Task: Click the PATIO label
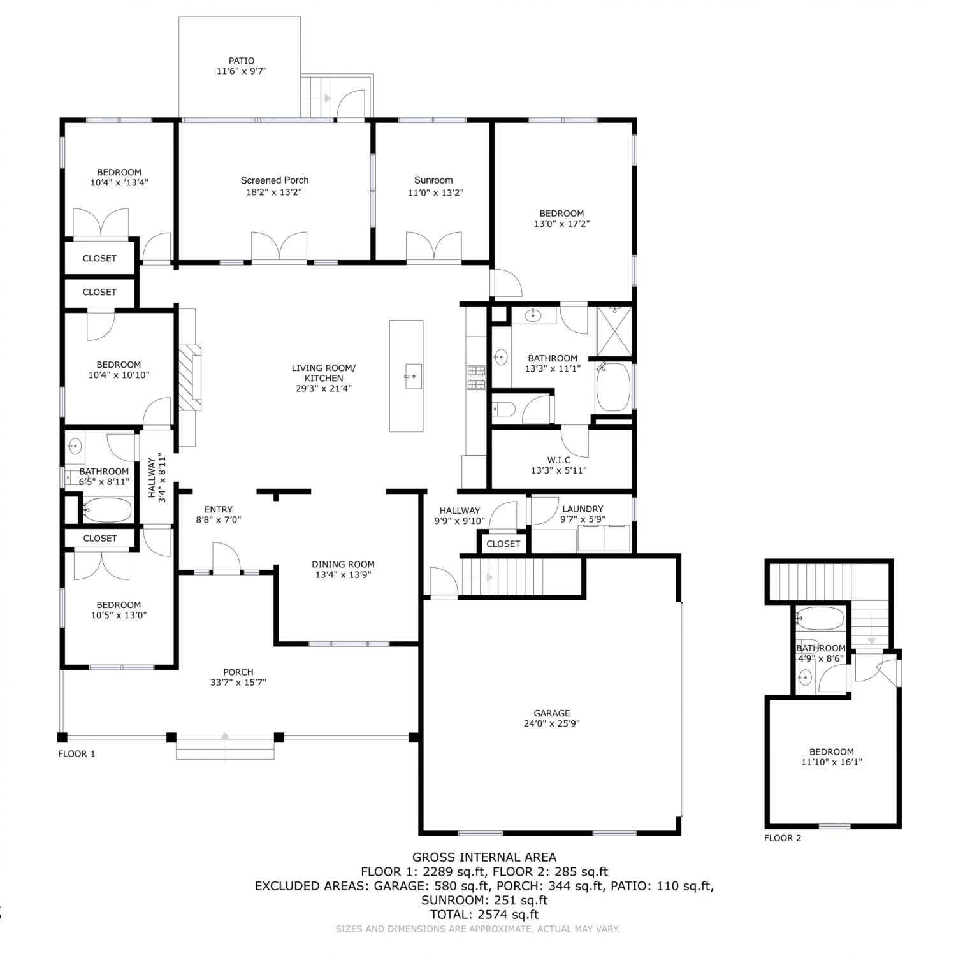click(242, 61)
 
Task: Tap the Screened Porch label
click(275, 180)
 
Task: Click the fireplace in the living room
click(189, 377)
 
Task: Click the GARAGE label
click(552, 713)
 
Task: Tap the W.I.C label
click(559, 460)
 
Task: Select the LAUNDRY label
click(583, 509)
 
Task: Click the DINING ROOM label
click(343, 564)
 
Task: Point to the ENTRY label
click(219, 509)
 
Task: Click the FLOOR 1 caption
click(76, 754)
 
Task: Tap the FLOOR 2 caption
click(783, 838)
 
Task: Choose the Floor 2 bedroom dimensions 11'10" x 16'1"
click(832, 762)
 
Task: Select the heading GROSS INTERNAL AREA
click(484, 857)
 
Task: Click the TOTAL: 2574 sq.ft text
click(484, 915)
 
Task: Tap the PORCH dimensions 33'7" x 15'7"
click(238, 683)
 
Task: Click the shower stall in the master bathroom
click(614, 331)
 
